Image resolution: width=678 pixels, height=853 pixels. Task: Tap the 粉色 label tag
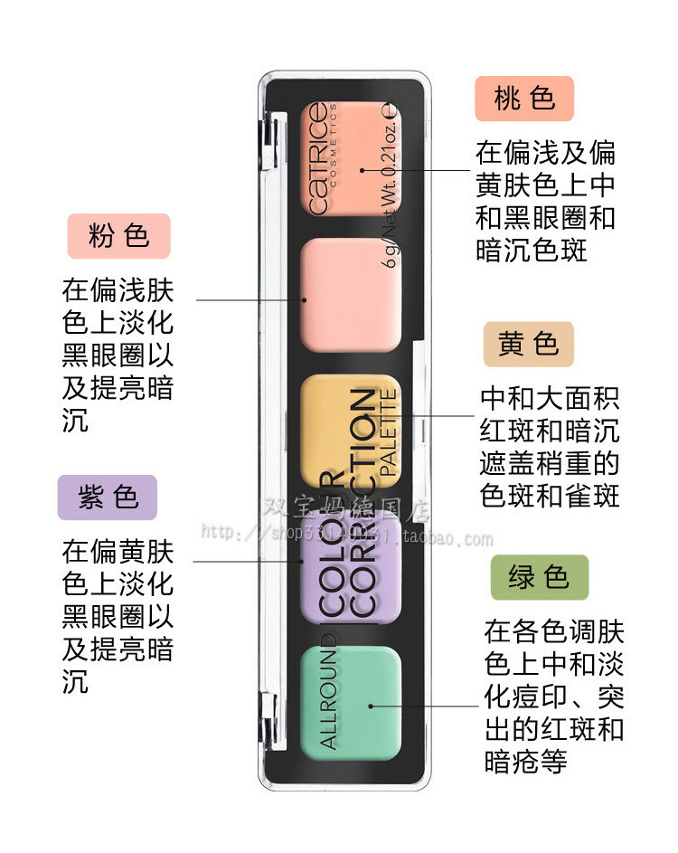[118, 236]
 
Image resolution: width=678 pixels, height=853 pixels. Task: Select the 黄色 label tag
[528, 344]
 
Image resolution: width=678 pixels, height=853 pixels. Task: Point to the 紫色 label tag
[108, 498]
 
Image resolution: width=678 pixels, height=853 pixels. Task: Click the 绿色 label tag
[539, 577]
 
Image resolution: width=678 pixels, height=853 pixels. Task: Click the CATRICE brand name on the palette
[318, 159]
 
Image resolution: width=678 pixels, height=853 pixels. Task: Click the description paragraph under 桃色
[545, 201]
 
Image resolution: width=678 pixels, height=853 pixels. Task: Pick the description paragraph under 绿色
[553, 696]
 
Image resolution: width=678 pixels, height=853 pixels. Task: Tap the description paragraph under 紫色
[118, 616]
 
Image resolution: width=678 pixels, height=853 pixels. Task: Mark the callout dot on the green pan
[370, 704]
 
